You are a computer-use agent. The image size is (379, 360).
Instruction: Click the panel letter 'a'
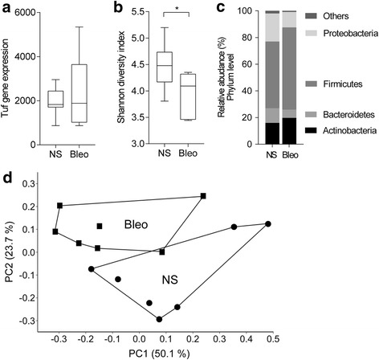coord(6,8)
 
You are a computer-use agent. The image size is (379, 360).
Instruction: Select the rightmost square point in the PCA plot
coord(203,195)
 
